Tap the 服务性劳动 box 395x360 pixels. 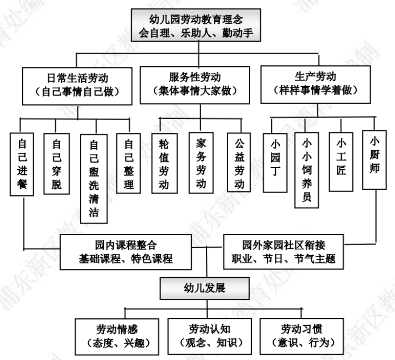click(199, 83)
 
